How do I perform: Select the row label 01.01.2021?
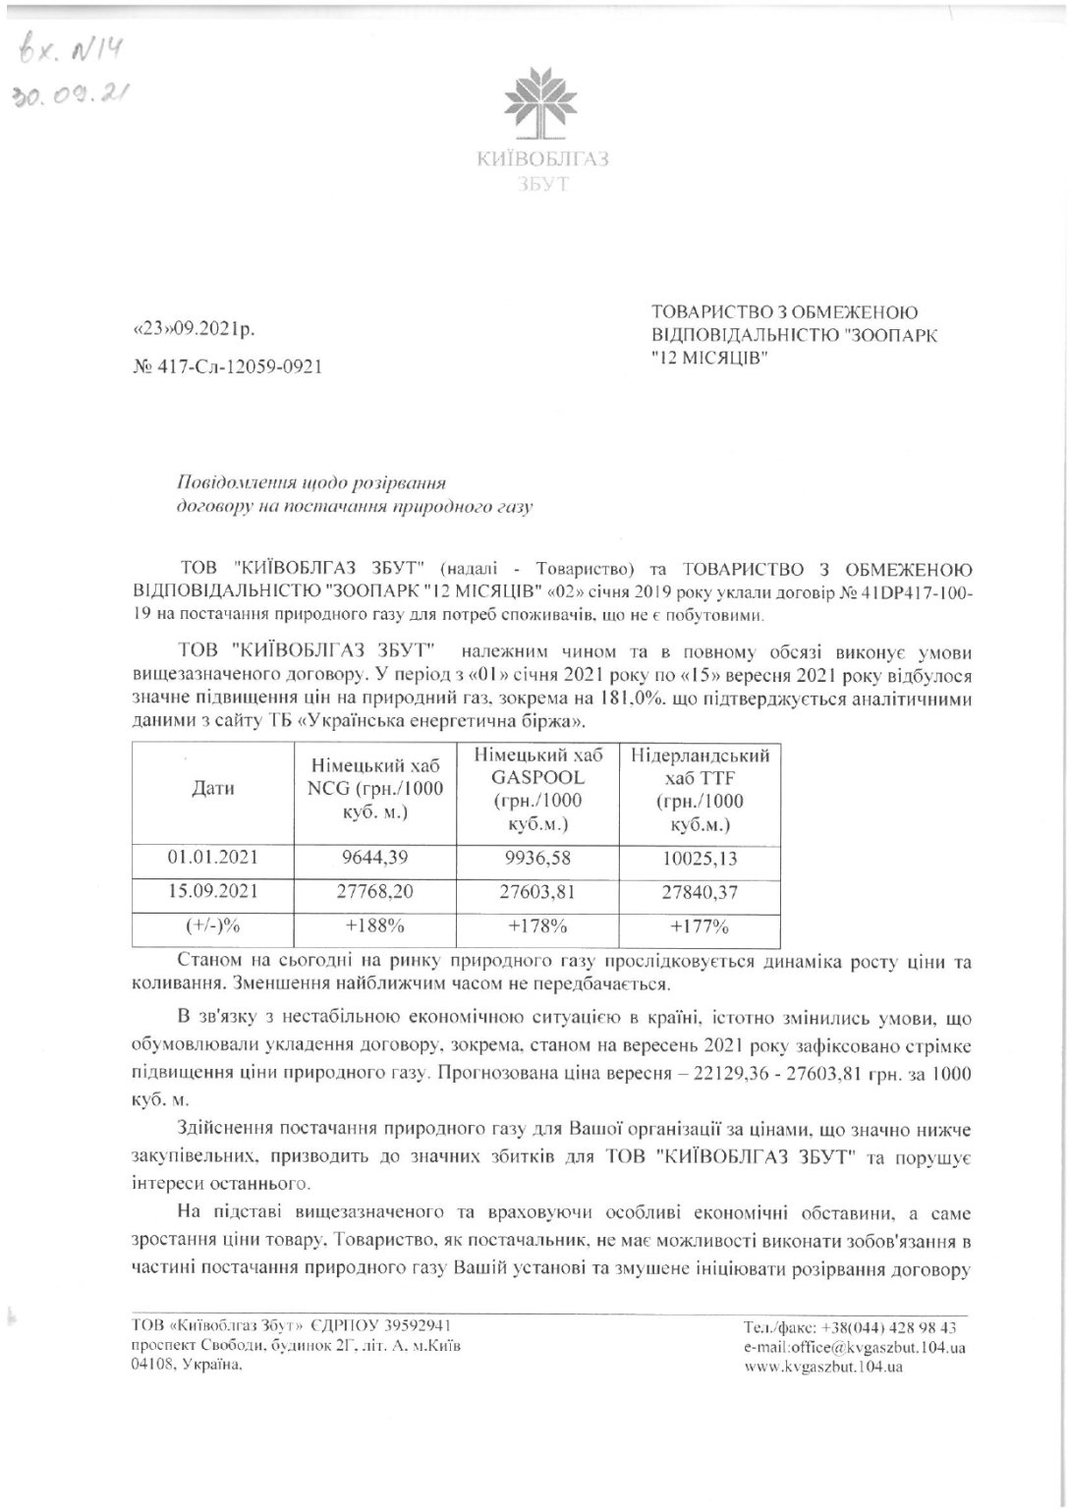click(x=212, y=857)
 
